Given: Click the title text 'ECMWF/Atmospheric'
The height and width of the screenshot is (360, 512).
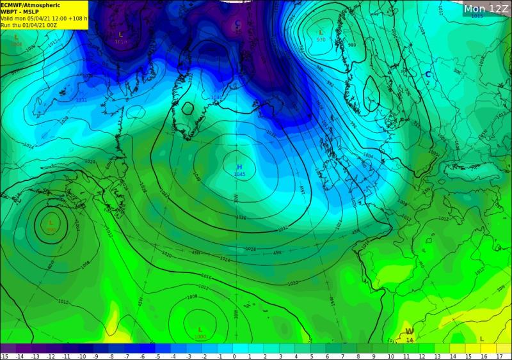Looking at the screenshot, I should (24, 4).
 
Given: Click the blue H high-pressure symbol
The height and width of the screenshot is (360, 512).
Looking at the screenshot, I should (240, 167).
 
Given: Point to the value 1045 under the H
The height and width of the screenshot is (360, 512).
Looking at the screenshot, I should (240, 175).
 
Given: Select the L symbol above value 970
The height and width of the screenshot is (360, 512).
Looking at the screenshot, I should (321, 32).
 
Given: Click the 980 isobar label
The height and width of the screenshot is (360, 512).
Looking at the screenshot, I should (352, 45).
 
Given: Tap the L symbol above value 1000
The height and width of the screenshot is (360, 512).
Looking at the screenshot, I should (200, 330).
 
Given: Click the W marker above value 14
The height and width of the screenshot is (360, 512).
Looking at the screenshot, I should (409, 331).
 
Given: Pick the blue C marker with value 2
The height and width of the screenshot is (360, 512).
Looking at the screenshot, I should (428, 75).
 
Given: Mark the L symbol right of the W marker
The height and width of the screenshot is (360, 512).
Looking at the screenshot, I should (481, 339).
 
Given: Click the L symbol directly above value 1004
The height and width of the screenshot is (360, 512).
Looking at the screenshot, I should (16, 38).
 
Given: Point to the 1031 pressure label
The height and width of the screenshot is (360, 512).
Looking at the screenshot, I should (81, 100).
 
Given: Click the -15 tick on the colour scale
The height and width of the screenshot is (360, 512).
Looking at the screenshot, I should (4, 356).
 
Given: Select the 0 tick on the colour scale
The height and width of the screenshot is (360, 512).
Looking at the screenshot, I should (234, 356).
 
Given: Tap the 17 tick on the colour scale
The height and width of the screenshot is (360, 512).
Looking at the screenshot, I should (499, 356).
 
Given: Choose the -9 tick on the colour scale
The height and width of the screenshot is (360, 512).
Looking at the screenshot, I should (96, 356).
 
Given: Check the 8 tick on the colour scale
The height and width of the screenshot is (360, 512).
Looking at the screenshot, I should (358, 356).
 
